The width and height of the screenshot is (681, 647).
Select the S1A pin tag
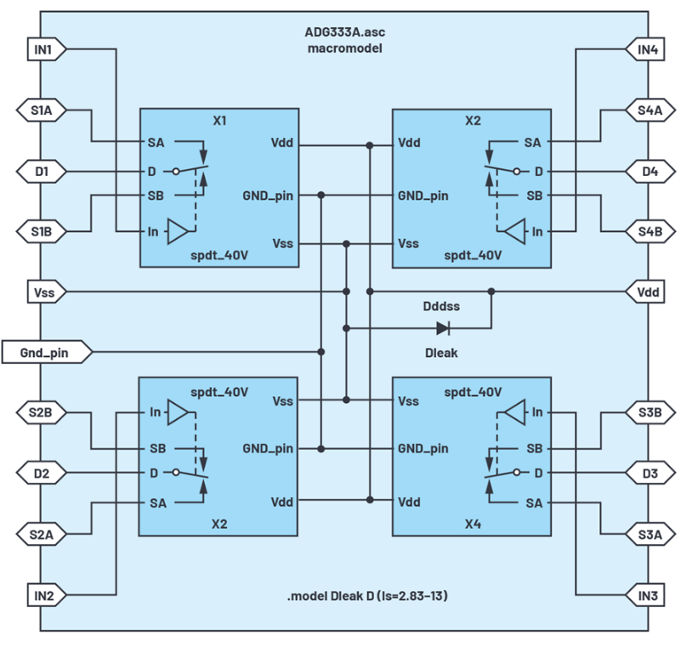(x=42, y=110)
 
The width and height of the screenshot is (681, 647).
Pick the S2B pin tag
(x=42, y=412)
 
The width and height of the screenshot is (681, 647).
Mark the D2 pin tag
(x=42, y=473)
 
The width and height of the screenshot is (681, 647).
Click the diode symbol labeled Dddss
(x=443, y=327)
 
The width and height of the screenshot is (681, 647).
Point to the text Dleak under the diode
(x=441, y=352)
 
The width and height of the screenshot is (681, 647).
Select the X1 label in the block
(x=218, y=121)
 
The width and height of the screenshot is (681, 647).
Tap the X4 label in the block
(x=473, y=525)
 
